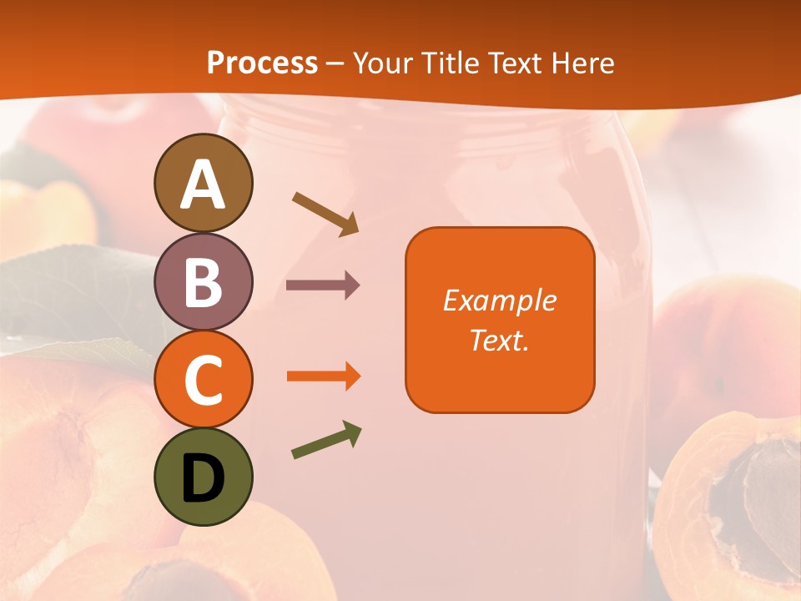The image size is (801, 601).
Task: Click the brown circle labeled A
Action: (204, 183)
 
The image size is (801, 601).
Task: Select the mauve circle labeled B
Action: (204, 281)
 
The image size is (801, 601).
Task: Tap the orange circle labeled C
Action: (204, 379)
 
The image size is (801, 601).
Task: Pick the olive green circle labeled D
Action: (204, 477)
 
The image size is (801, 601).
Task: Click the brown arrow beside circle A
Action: (325, 214)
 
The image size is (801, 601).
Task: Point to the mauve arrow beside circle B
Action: (323, 285)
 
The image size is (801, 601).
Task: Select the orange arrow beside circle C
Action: (323, 376)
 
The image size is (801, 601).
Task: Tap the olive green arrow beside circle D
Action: (326, 440)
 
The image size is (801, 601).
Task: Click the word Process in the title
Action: (262, 63)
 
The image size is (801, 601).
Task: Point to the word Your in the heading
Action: (381, 63)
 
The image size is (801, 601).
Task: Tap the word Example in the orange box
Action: (499, 300)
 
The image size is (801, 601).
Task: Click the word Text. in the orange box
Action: (499, 340)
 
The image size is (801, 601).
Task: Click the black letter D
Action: (204, 478)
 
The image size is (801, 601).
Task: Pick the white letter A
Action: (204, 184)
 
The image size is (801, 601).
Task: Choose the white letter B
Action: (204, 282)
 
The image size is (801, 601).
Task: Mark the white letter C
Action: (204, 380)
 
